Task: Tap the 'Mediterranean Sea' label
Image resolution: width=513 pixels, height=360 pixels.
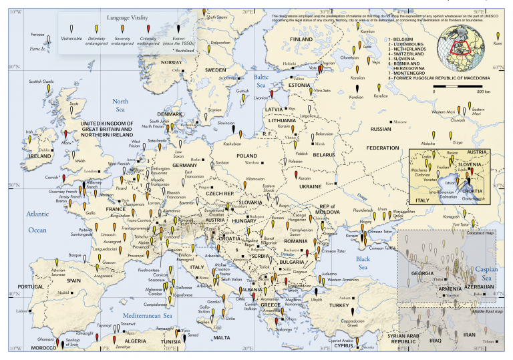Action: click(x=147, y=315)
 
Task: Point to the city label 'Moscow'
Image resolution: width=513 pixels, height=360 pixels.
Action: click(x=399, y=122)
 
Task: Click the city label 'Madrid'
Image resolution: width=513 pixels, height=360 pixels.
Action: click(x=63, y=293)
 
